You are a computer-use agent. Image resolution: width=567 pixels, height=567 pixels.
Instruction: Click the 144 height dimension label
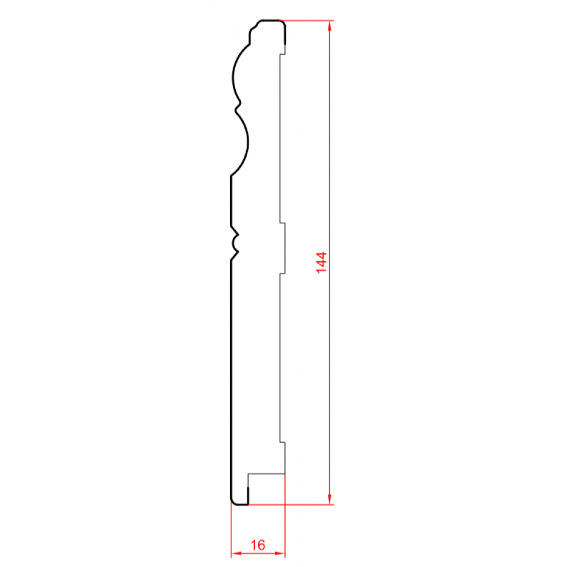click(321, 263)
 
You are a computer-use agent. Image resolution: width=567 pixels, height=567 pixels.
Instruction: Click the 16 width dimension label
click(258, 545)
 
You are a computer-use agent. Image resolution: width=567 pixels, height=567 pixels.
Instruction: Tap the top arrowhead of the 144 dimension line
click(329, 26)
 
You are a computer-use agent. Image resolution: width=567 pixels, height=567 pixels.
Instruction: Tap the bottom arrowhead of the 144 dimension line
click(329, 500)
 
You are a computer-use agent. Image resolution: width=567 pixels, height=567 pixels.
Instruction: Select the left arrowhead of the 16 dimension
click(236, 553)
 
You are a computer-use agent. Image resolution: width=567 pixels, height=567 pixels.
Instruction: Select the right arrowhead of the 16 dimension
click(280, 553)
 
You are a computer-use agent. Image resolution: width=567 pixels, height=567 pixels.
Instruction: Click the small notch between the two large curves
click(238, 107)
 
